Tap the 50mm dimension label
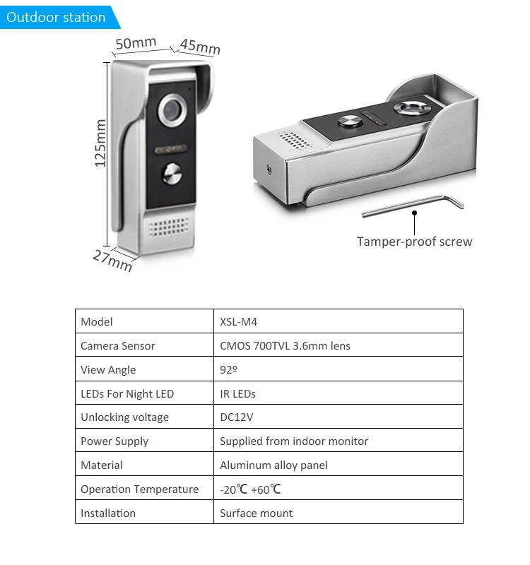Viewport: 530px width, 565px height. click(x=136, y=43)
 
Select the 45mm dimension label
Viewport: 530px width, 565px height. click(x=200, y=47)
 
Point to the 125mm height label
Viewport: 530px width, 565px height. click(x=100, y=143)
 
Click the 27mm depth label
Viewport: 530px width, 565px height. click(x=112, y=260)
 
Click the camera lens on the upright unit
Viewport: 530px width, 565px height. click(x=170, y=109)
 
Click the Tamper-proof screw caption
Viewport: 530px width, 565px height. click(x=414, y=242)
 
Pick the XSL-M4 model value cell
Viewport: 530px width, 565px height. click(x=237, y=322)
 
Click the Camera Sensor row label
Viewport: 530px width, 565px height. click(x=117, y=346)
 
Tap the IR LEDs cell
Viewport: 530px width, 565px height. click(x=237, y=394)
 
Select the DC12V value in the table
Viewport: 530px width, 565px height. click(x=236, y=417)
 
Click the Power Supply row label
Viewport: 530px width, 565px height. click(x=114, y=441)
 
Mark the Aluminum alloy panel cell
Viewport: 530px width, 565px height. click(x=273, y=465)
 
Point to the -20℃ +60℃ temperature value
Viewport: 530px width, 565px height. click(x=251, y=489)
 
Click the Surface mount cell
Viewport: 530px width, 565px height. click(x=256, y=513)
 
